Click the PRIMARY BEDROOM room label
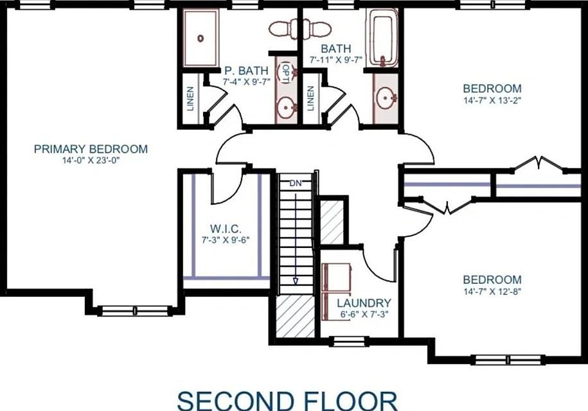[x=91, y=149]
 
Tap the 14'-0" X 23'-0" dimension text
[x=91, y=160]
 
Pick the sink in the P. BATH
[x=285, y=107]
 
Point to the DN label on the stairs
[x=295, y=183]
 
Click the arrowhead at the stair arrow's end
[x=296, y=280]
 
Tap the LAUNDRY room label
[x=364, y=303]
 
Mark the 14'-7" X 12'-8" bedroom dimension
[x=492, y=291]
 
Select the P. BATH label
[x=241, y=71]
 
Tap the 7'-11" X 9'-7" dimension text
[x=336, y=59]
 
